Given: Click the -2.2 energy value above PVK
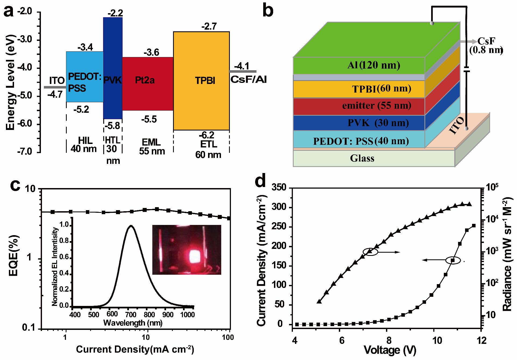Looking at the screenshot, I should tap(115, 13).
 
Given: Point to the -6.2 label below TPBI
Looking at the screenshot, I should tap(207, 134).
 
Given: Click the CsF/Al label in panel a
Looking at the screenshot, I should tap(248, 80).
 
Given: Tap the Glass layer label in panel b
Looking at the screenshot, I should tap(362, 158).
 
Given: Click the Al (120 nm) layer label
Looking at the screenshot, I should tap(374, 65).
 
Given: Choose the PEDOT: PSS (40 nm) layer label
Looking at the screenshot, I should tap(361, 141).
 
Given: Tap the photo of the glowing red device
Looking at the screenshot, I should tap(187, 250).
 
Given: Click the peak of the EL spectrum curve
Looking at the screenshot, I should tap(131, 226).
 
